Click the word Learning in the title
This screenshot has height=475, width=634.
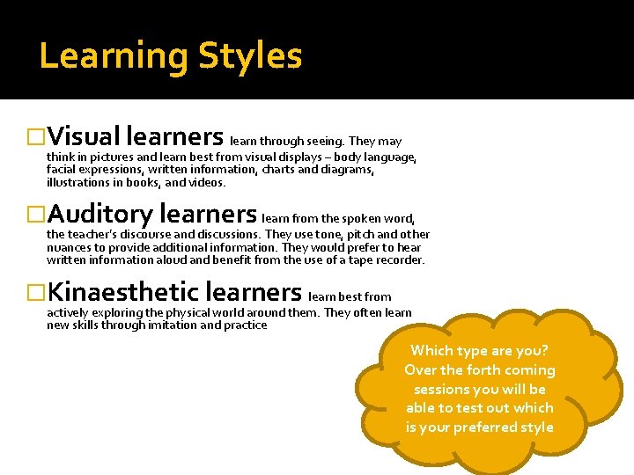pyautogui.click(x=114, y=56)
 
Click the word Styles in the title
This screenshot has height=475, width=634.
pyautogui.click(x=250, y=56)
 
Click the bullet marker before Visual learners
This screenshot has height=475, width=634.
pyautogui.click(x=36, y=137)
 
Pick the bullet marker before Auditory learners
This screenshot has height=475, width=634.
pyautogui.click(x=36, y=215)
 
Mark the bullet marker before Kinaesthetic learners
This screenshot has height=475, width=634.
pyautogui.click(x=36, y=292)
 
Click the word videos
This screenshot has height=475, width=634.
pyautogui.click(x=207, y=183)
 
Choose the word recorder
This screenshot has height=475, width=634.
pyautogui.click(x=399, y=259)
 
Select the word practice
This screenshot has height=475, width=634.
pyautogui.click(x=244, y=325)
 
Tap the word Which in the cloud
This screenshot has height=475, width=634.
pyautogui.click(x=432, y=351)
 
